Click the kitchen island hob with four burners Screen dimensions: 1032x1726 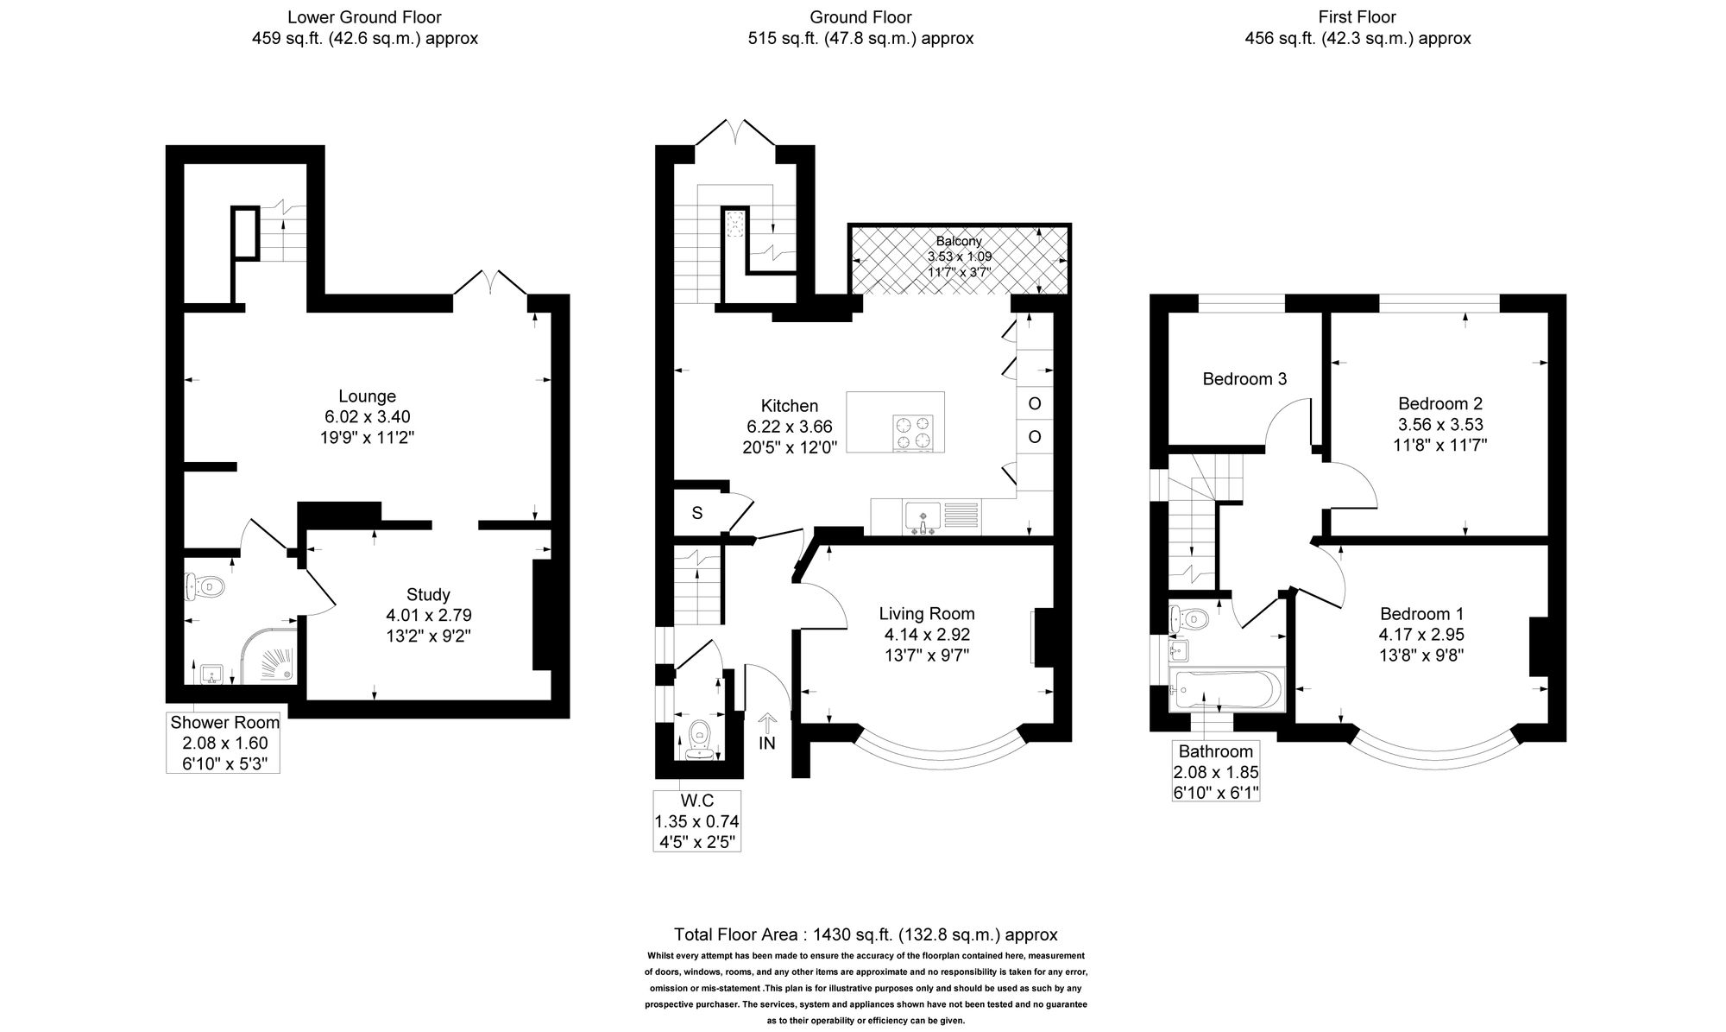(x=914, y=433)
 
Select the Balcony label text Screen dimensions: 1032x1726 (x=959, y=241)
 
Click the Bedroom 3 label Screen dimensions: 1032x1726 (x=1244, y=378)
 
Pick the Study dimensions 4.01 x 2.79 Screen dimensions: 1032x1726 (x=429, y=615)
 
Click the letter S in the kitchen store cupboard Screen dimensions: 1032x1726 (x=697, y=513)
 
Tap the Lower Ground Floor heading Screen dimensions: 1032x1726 (x=364, y=16)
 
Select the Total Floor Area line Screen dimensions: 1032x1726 (x=866, y=934)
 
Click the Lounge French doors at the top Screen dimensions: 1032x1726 (x=490, y=282)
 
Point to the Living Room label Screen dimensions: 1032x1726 (x=927, y=613)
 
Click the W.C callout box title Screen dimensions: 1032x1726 (x=696, y=801)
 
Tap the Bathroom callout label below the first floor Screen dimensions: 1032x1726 (x=1215, y=751)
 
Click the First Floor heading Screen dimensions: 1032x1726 (x=1357, y=16)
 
